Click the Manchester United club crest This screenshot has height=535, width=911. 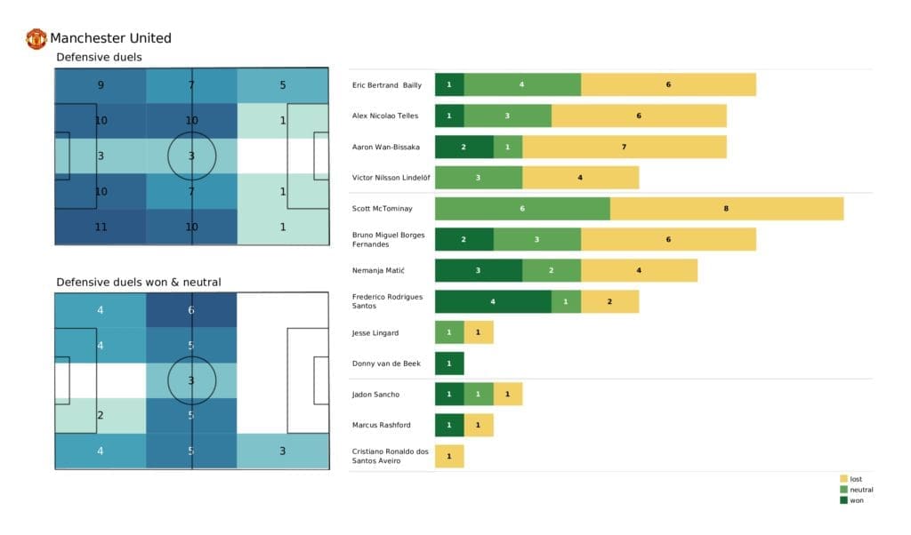pos(36,38)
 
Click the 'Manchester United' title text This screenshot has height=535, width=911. pos(110,38)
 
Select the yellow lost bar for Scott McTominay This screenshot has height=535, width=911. pos(726,209)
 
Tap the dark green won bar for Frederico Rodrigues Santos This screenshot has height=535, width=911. pos(493,301)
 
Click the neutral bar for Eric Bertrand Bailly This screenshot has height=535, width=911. pos(522,84)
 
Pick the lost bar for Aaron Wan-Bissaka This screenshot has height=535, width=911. pos(624,147)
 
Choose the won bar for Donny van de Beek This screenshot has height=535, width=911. pos(449,363)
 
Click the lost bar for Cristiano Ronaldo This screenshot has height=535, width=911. pos(449,457)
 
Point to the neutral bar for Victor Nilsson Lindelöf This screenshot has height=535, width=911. pos(478,178)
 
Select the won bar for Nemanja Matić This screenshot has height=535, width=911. pos(478,271)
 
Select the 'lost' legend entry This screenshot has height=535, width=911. pos(854,478)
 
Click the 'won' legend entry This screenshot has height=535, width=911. pos(854,500)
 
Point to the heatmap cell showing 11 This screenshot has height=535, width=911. pos(101,227)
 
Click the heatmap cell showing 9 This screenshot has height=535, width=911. pos(101,86)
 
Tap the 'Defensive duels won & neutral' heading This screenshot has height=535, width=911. pos(139,282)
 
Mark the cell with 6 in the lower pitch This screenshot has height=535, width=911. pos(192,310)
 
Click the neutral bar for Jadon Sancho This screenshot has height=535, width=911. pos(478,395)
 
